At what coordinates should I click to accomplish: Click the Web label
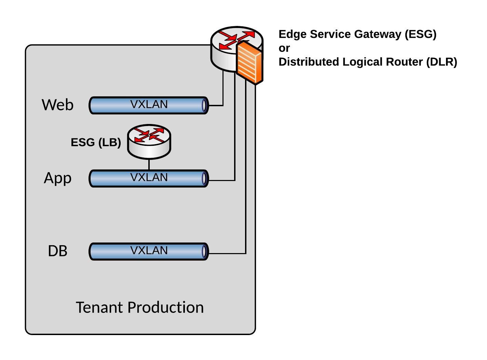tap(57, 105)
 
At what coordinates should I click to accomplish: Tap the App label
tap(58, 178)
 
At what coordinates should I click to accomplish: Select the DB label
tap(57, 251)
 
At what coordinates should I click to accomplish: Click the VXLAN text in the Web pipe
tap(149, 104)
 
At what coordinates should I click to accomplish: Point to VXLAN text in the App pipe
tap(149, 177)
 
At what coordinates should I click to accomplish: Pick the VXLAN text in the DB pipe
tap(149, 250)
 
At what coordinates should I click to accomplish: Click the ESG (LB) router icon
tap(149, 141)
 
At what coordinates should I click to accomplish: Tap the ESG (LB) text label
tap(96, 142)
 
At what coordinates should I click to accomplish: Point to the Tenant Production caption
tap(140, 307)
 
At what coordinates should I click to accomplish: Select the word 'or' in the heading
tap(284, 48)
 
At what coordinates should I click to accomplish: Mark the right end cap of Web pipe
tap(204, 105)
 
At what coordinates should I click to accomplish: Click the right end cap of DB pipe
tap(204, 252)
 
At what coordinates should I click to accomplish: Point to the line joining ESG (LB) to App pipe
tap(149, 165)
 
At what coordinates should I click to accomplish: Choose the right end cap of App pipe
tap(204, 178)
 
